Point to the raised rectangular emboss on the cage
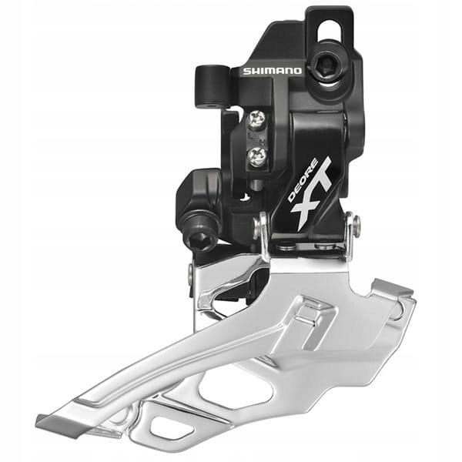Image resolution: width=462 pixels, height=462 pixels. [309, 312]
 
